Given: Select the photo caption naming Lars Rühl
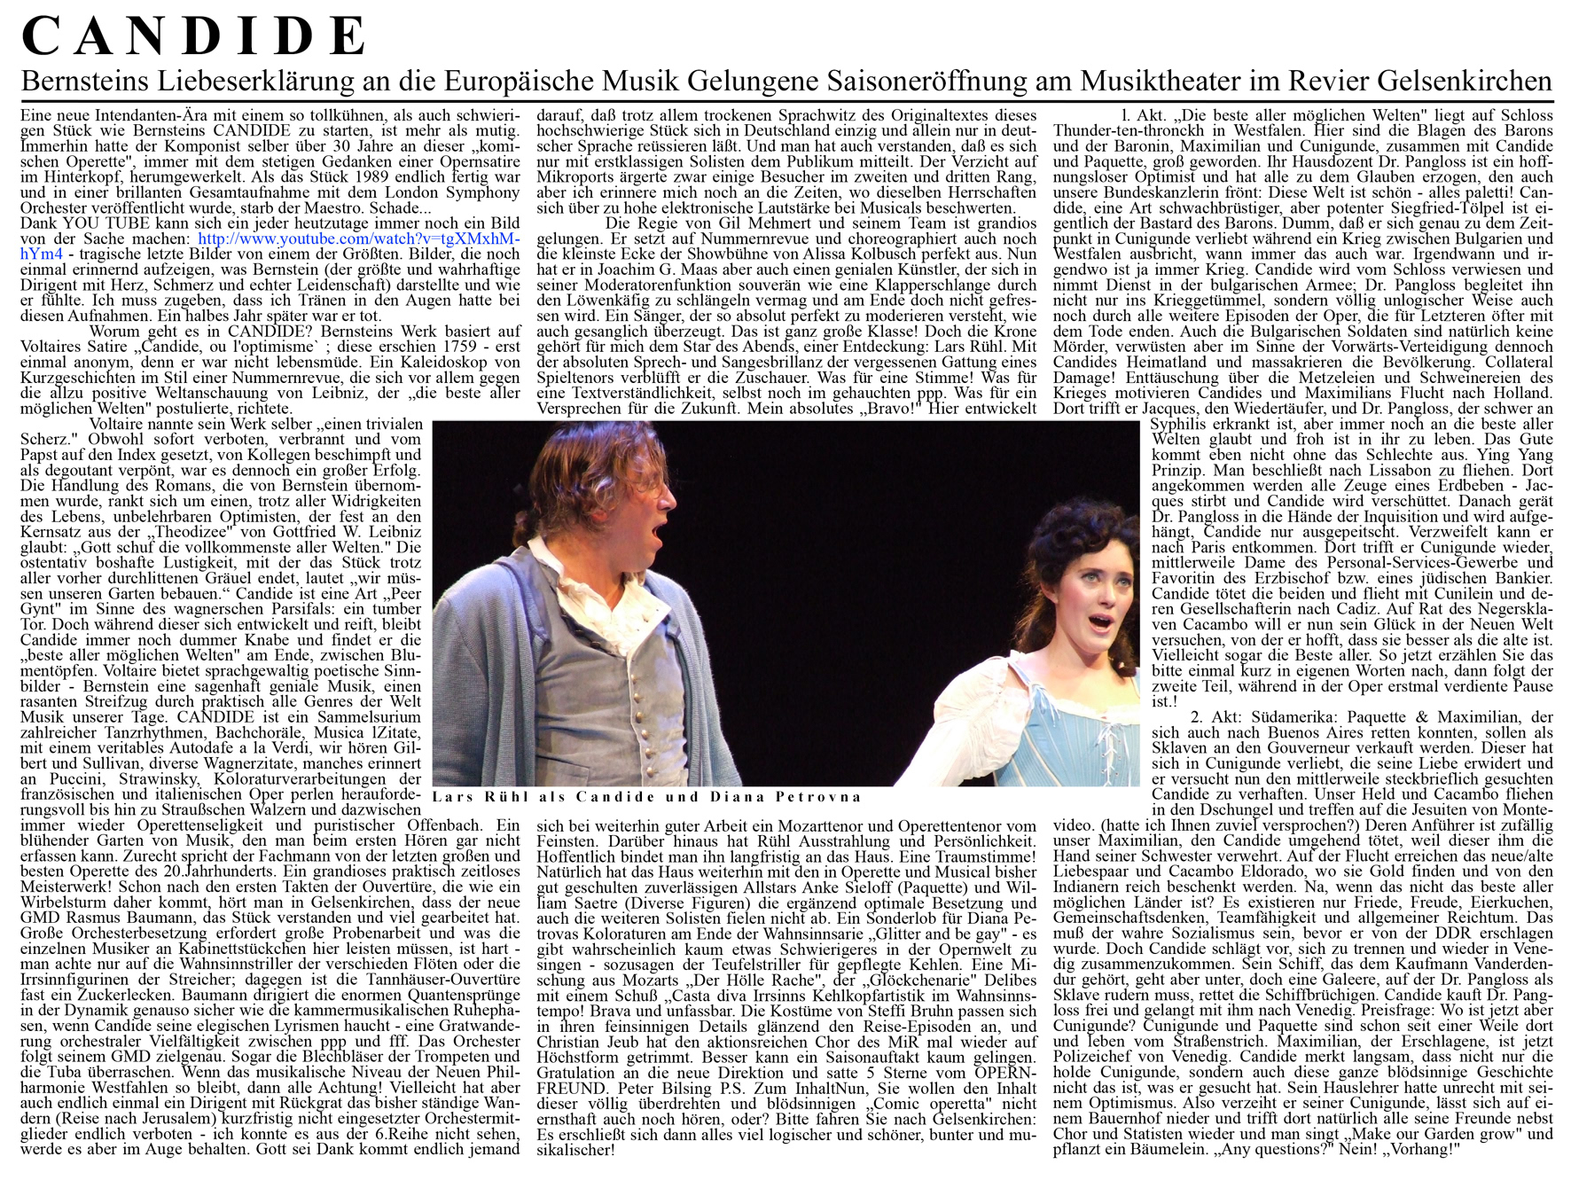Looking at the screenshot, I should (x=647, y=797).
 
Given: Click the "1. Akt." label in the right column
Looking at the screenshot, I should (x=1143, y=115).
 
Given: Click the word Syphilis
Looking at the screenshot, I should (x=1177, y=425).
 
